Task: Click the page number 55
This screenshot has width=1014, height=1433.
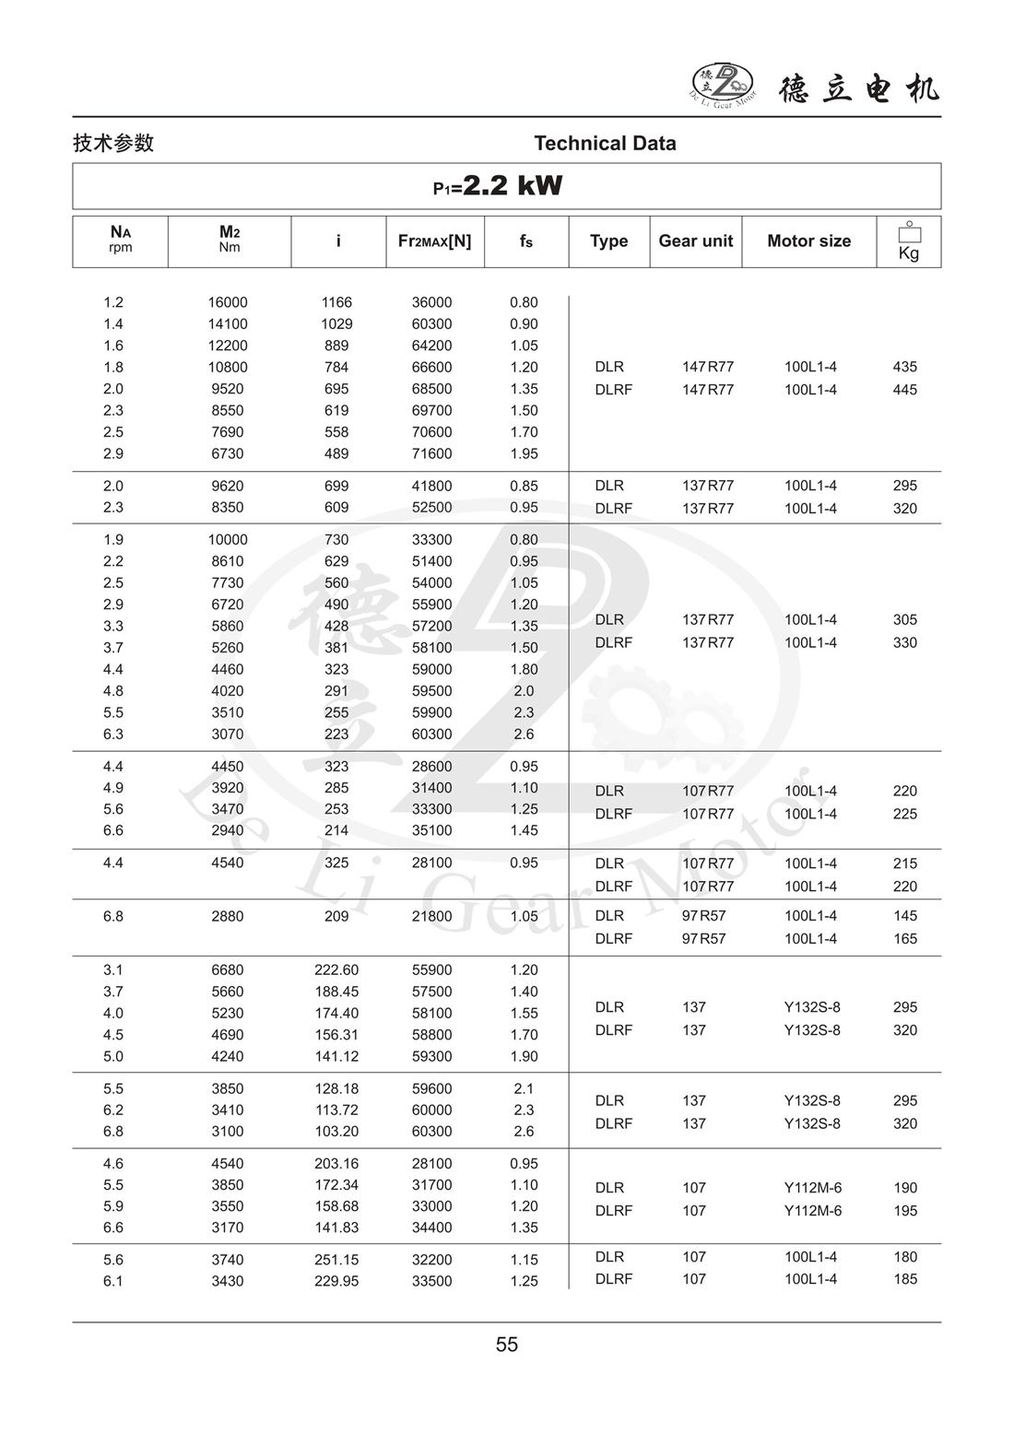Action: coord(507,1345)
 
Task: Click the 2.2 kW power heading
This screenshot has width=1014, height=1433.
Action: coord(499,186)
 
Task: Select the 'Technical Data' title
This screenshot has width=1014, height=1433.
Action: coord(605,143)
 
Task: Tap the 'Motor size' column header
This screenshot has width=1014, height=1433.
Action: coord(808,241)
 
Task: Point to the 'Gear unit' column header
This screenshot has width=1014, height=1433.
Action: coord(695,241)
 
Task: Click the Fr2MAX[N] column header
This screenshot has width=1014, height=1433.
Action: coord(434,241)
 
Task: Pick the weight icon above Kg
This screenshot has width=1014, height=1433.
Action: coord(909,232)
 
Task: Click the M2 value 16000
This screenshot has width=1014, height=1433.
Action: coord(228,302)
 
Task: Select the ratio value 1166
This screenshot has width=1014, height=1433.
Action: coord(336,302)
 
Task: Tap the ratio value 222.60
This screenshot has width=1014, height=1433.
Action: coord(336,969)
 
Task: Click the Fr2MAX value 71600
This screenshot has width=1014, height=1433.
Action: coord(431,453)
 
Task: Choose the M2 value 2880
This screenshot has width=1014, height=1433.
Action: coord(228,916)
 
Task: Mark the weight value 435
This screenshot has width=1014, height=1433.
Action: coord(904,367)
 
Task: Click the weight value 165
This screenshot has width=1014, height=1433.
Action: coord(904,938)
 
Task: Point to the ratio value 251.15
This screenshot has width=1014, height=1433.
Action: coord(336,1260)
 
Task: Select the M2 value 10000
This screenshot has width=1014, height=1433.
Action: coord(228,539)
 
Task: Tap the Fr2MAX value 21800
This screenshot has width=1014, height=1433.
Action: coord(431,916)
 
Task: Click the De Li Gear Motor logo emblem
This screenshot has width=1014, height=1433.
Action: coord(723,84)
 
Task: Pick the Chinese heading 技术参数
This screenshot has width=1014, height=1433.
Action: coord(113,143)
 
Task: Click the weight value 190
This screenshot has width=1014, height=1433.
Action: coord(904,1188)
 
